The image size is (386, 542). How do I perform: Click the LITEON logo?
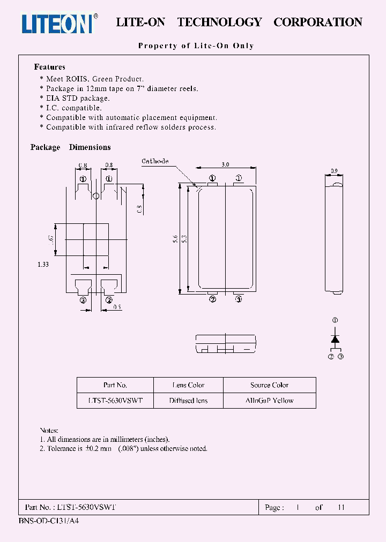tap(58, 23)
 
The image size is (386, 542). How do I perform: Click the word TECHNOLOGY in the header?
tap(219, 22)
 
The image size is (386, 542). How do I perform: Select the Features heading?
tap(49, 67)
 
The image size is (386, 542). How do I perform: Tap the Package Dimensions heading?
tap(70, 147)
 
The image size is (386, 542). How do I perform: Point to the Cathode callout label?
tap(155, 161)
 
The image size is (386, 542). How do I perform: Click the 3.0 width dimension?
tap(225, 165)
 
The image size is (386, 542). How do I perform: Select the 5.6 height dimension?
tap(175, 241)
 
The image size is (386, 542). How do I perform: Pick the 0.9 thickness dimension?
tap(334, 171)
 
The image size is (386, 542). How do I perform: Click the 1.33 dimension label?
tap(43, 265)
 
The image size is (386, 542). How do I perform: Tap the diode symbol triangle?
tap(335, 339)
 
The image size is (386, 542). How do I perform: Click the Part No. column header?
tap(115, 385)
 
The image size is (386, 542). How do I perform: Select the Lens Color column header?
tap(188, 385)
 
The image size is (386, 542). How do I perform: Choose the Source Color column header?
tap(269, 385)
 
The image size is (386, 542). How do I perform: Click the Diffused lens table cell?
tap(188, 401)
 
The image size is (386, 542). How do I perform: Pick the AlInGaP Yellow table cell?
tap(269, 401)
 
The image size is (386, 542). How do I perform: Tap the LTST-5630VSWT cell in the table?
tap(115, 401)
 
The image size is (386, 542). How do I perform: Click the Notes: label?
tap(49, 430)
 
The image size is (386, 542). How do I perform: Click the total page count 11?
tap(341, 507)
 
